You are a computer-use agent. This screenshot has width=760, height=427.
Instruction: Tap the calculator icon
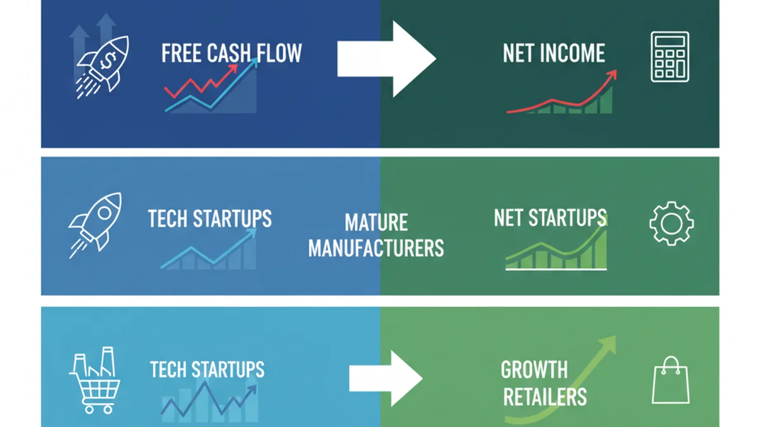pos(669,58)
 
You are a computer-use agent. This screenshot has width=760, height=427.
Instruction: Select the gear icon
pos(671,223)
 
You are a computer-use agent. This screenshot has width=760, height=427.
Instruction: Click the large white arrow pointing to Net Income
pos(386,59)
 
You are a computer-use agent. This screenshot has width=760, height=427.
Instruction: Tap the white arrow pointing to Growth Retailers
pos(386,378)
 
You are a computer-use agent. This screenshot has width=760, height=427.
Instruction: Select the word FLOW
pos(279,54)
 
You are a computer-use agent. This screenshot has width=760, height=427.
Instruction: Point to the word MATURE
pos(376,223)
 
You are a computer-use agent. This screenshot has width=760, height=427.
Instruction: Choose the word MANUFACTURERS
pos(376,247)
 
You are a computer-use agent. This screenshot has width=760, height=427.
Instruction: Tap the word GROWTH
pos(534,369)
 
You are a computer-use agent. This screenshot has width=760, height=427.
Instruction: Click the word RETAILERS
pos(545,397)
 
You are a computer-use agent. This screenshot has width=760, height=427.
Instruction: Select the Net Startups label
pos(550,218)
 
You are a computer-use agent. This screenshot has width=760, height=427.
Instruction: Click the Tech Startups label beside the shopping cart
pos(207,369)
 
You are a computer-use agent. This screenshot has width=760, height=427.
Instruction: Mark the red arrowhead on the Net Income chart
pos(612,75)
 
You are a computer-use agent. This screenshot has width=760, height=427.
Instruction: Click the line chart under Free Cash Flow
pos(211,89)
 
